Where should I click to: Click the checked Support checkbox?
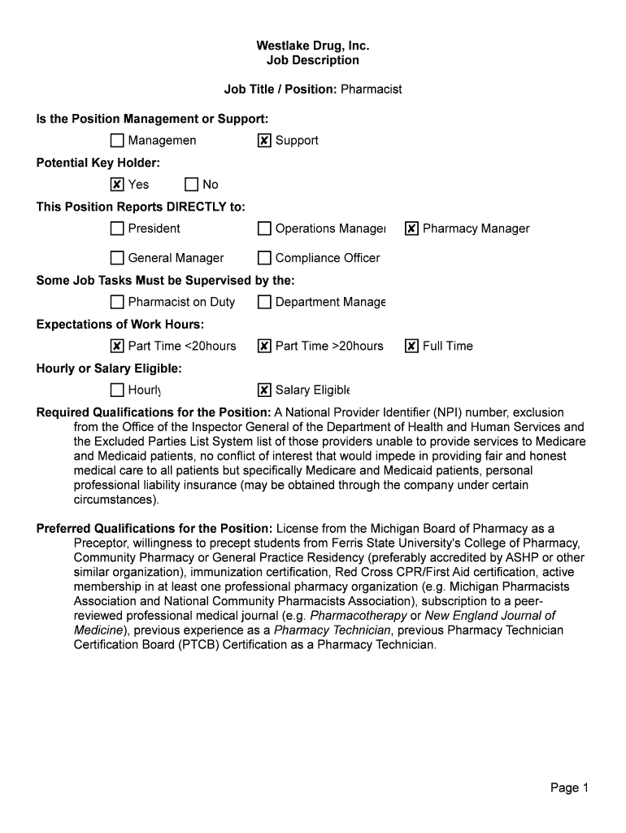pos(264,141)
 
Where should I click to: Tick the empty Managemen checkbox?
pos(117,141)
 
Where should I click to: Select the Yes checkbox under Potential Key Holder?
pos(117,185)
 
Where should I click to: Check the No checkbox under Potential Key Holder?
pos(191,185)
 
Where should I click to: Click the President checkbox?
pos(117,229)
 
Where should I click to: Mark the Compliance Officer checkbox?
pos(264,258)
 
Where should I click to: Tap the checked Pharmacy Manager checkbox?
pos(411,229)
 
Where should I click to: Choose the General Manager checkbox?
pos(117,258)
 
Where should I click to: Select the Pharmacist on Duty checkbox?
pos(117,302)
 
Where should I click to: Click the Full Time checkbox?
pos(411,346)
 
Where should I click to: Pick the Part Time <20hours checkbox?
pos(117,346)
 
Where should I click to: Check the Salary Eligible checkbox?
pos(264,390)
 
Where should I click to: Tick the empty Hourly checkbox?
pos(117,390)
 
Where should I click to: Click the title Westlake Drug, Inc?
pos(313,46)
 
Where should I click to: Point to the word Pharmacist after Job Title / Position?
pos(371,89)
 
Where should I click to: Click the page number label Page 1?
pos(569,787)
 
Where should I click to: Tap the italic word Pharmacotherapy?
pos(359,616)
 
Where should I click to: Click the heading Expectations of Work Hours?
pos(120,325)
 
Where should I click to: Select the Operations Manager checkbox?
pos(264,229)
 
